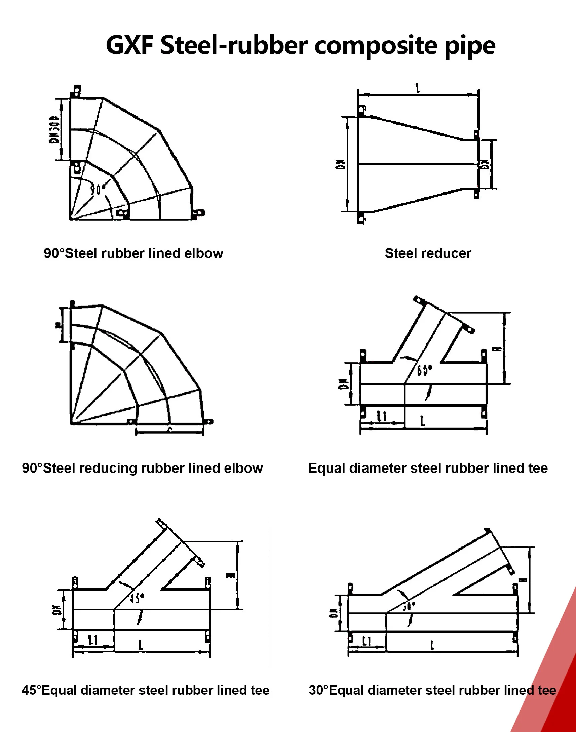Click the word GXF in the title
click(x=130, y=45)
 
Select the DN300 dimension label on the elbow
click(x=54, y=130)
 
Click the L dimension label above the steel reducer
click(x=418, y=88)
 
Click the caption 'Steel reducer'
click(x=428, y=253)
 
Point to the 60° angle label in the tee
click(x=424, y=370)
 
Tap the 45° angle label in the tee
click(x=137, y=598)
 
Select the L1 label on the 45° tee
click(x=93, y=640)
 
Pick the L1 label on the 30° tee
click(x=367, y=641)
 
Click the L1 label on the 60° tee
click(x=382, y=416)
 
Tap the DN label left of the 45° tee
click(x=56, y=610)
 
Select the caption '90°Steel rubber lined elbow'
click(x=133, y=253)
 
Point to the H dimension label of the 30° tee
click(x=524, y=580)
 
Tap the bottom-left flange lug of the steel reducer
click(x=361, y=218)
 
